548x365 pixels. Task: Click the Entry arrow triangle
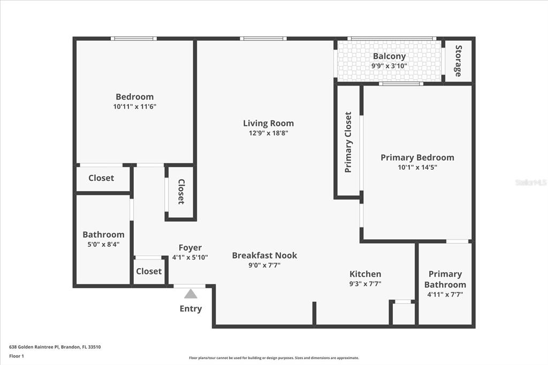tap(191, 294)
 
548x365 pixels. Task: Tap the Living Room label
tap(268, 123)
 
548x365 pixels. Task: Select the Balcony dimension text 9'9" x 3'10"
tap(389, 66)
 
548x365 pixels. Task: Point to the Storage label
tap(458, 61)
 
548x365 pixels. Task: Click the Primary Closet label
tap(348, 142)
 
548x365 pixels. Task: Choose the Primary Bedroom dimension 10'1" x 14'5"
tap(417, 167)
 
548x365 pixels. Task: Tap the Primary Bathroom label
tap(445, 279)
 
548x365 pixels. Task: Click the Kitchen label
tap(365, 274)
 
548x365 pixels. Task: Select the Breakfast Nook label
tap(264, 255)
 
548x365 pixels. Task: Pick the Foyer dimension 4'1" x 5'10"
tap(190, 257)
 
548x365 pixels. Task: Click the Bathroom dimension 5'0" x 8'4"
tap(103, 244)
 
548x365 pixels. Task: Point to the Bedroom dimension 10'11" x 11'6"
tap(134, 107)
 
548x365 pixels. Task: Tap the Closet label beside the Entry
tap(149, 271)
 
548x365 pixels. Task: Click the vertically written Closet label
tap(181, 192)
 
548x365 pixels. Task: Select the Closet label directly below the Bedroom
tap(101, 178)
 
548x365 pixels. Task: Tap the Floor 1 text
tap(17, 355)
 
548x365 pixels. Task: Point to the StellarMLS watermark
tap(531, 182)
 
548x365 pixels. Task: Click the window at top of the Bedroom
tap(134, 39)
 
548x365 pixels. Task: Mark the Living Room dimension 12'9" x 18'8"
tap(268, 133)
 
